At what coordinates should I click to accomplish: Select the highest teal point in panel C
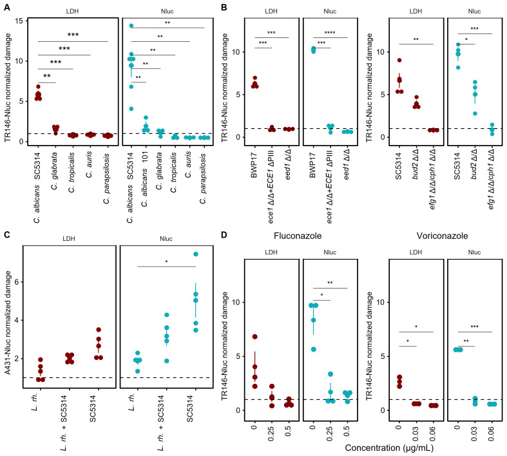pos(195,254)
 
